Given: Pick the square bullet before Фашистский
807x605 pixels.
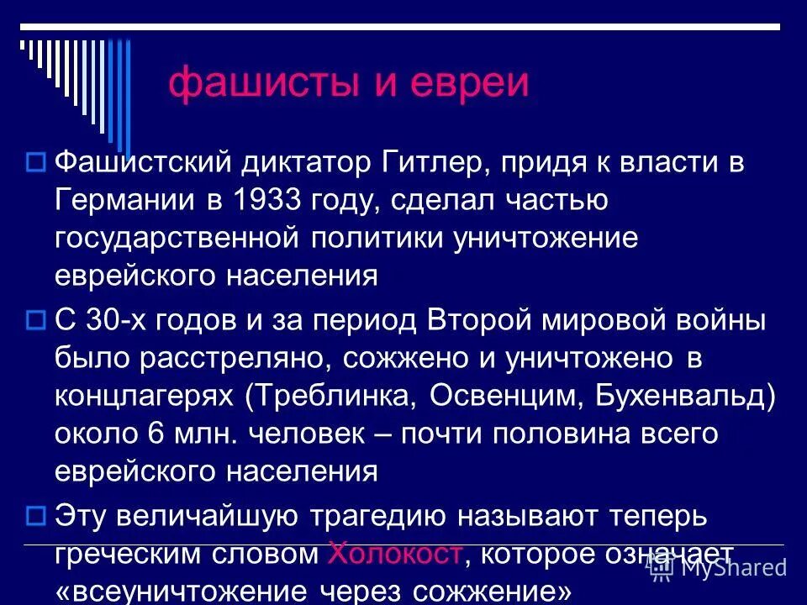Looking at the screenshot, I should point(35,160).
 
